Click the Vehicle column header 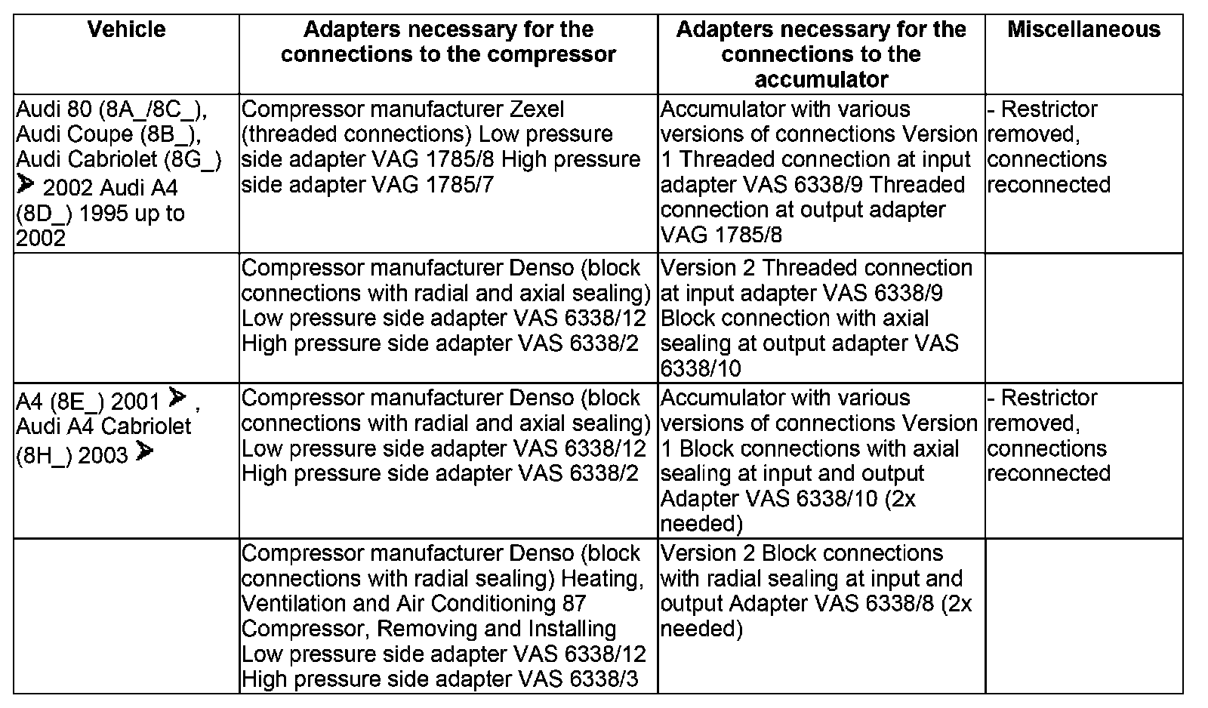coord(126,29)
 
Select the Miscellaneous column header coord(1084,29)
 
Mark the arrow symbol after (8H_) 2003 coord(144,452)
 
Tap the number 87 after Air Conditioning coord(574,604)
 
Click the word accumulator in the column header coord(821,79)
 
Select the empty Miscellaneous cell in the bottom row coord(1083,615)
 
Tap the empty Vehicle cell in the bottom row coord(126,615)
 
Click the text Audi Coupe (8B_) coord(107,134)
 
